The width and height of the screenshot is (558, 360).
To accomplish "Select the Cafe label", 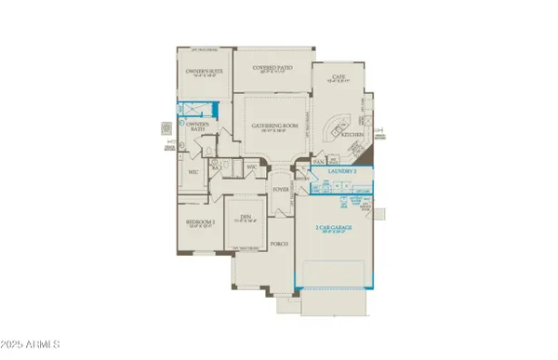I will [x=332, y=78].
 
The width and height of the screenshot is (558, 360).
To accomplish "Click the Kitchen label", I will [x=353, y=135].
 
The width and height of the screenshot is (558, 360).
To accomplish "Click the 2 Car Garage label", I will [x=337, y=227].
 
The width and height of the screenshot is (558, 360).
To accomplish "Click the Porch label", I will [x=278, y=244].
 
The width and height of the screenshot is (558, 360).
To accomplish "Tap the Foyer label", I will [x=281, y=189].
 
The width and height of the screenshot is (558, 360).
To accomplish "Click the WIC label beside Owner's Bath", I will [x=193, y=172].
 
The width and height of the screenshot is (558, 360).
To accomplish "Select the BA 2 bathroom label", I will [x=217, y=166].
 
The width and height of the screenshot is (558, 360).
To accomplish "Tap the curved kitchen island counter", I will [x=333, y=127].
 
